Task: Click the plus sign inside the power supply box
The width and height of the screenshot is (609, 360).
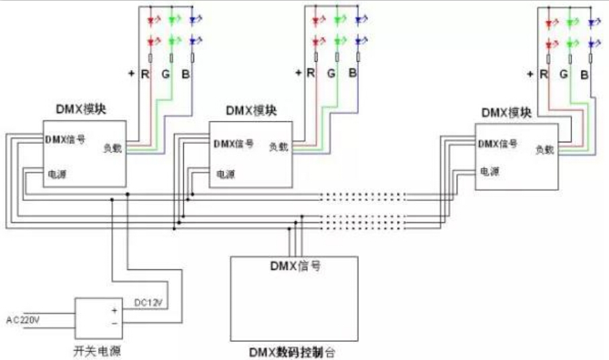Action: pyautogui.click(x=114, y=310)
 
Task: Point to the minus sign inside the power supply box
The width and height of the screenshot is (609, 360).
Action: pyautogui.click(x=114, y=323)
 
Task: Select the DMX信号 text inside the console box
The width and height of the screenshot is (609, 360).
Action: pyautogui.click(x=295, y=265)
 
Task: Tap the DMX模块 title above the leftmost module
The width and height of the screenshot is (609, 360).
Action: pyautogui.click(x=83, y=107)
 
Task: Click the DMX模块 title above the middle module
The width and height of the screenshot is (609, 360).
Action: pyautogui.click(x=251, y=109)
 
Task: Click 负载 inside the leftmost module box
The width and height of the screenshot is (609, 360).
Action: pyautogui.click(x=113, y=148)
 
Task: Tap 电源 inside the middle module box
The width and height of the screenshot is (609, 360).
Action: pyautogui.click(x=225, y=174)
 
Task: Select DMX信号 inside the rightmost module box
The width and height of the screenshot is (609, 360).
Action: pyautogui.click(x=498, y=144)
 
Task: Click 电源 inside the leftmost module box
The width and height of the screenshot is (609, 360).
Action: pyautogui.click(x=56, y=174)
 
